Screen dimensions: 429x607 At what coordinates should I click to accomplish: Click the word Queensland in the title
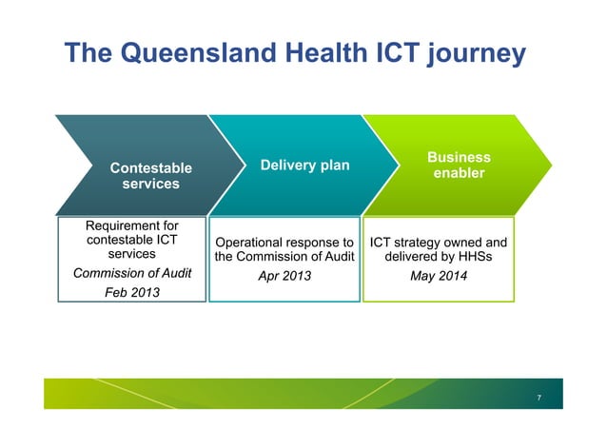178,53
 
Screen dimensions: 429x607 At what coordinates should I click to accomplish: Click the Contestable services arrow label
150,175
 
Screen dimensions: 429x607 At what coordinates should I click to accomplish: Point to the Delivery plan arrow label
304,166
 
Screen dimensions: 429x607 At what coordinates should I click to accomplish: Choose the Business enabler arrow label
459,166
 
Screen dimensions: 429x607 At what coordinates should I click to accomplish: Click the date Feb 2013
131,292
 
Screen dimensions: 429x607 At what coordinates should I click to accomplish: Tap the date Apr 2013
284,276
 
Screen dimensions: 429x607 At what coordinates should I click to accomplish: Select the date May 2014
438,276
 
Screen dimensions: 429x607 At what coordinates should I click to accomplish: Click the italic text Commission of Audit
132,274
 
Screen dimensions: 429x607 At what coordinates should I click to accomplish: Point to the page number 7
538,397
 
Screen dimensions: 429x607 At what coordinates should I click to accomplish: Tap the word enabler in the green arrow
459,173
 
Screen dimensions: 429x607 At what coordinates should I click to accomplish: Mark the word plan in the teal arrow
334,166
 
